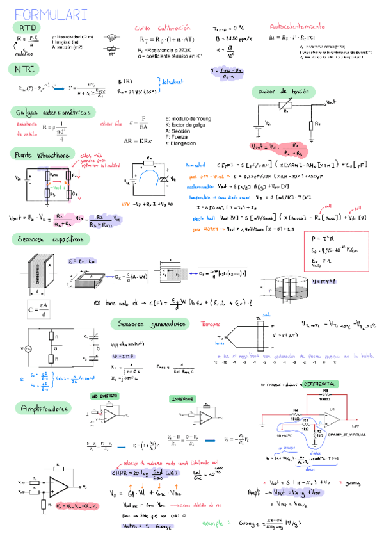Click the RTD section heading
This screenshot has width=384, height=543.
click(x=28, y=29)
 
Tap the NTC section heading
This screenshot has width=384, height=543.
click(x=27, y=68)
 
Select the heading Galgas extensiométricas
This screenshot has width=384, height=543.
click(x=54, y=111)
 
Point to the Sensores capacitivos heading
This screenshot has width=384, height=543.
click(x=51, y=239)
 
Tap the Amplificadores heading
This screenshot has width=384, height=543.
click(x=45, y=408)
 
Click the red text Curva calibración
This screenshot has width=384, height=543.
click(x=163, y=28)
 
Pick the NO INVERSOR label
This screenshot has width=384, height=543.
click(x=105, y=396)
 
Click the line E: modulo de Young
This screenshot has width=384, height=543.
click(x=188, y=119)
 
